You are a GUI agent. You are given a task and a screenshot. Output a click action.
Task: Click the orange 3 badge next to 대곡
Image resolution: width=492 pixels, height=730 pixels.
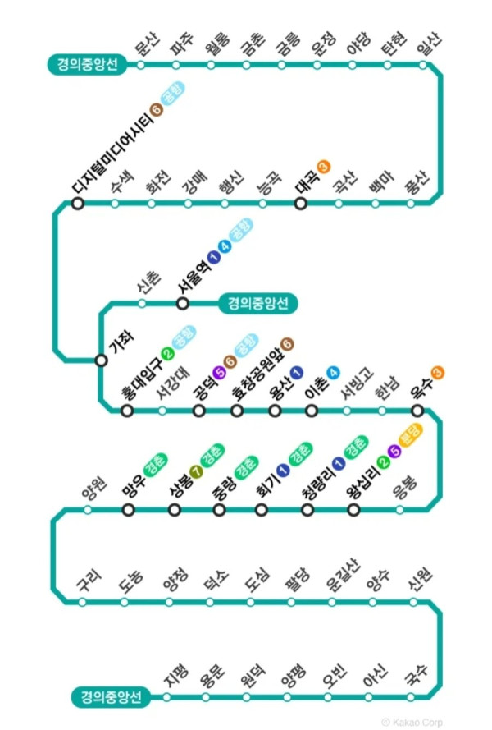coord(323,168)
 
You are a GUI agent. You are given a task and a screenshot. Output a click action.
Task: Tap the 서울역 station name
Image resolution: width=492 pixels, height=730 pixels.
coord(192,274)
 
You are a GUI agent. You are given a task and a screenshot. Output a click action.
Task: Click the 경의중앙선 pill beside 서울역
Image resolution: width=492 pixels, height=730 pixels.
coord(257,304)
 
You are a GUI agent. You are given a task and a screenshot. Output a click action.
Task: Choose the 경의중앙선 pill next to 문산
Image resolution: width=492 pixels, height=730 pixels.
coord(88,64)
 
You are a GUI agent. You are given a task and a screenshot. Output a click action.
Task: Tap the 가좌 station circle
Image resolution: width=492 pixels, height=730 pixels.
coord(101,360)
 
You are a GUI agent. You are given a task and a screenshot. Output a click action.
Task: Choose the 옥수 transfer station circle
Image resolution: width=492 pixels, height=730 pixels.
coord(417,411)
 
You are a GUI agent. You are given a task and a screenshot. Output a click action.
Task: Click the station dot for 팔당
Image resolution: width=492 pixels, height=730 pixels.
coord(294,602)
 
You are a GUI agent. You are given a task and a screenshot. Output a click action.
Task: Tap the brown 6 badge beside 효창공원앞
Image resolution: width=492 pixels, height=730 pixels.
coord(288,343)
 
